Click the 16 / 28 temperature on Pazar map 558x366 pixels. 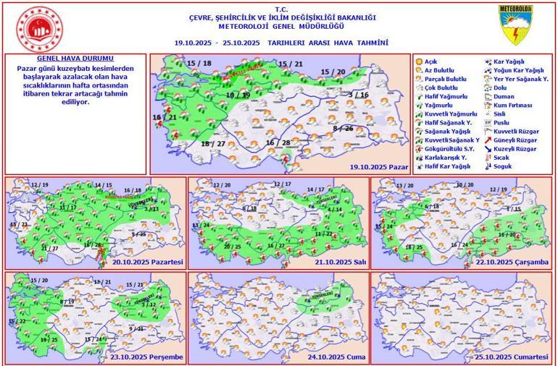278,142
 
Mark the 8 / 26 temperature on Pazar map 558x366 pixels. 343,128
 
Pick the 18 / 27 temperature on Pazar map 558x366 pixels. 213,144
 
